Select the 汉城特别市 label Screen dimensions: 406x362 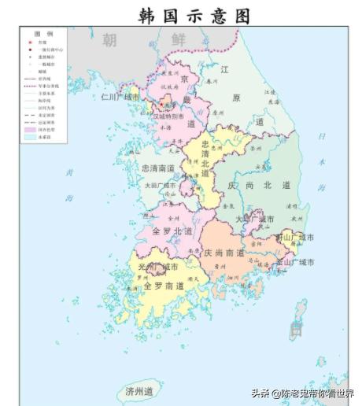point(172,116)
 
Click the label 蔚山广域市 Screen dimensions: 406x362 point(294,238)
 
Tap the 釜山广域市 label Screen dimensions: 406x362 point(294,262)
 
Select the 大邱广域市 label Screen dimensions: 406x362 point(256,219)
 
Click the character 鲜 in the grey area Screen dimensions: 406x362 point(179,40)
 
